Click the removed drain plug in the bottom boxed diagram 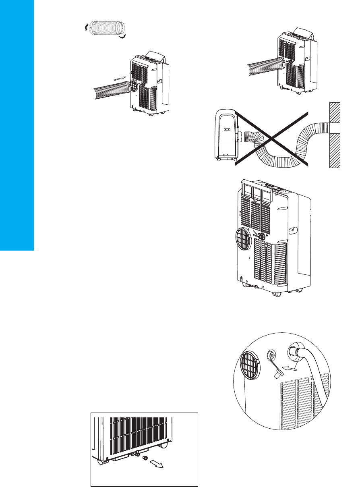click(x=145, y=459)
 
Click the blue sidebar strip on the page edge click(x=17, y=125)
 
